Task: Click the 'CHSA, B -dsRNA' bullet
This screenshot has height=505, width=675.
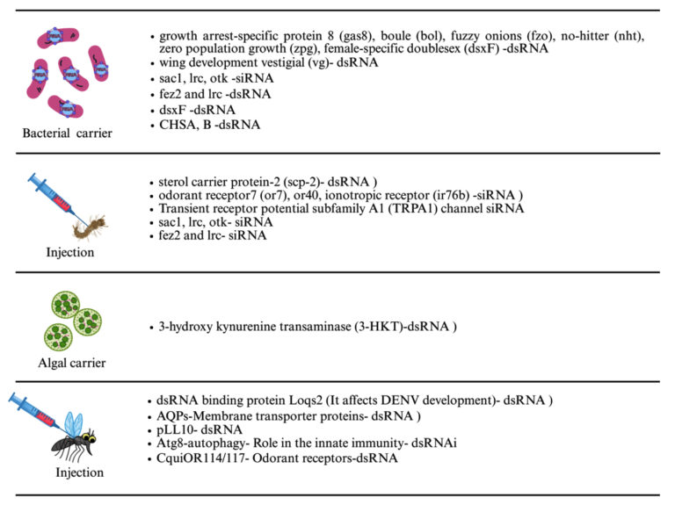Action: click(210, 125)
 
